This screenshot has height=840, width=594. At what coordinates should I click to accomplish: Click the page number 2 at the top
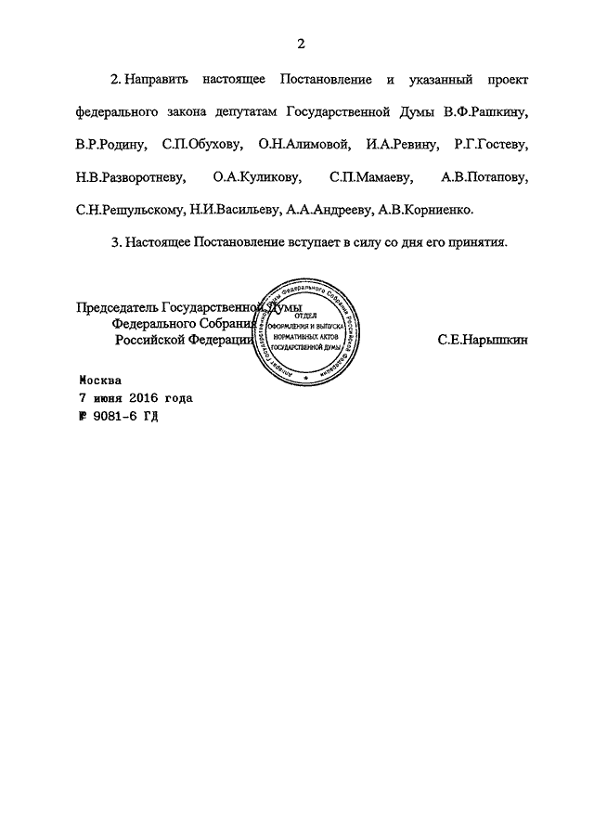point(302,43)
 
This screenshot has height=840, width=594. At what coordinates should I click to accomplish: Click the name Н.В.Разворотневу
point(132,176)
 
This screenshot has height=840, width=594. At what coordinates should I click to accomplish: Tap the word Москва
point(100,380)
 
